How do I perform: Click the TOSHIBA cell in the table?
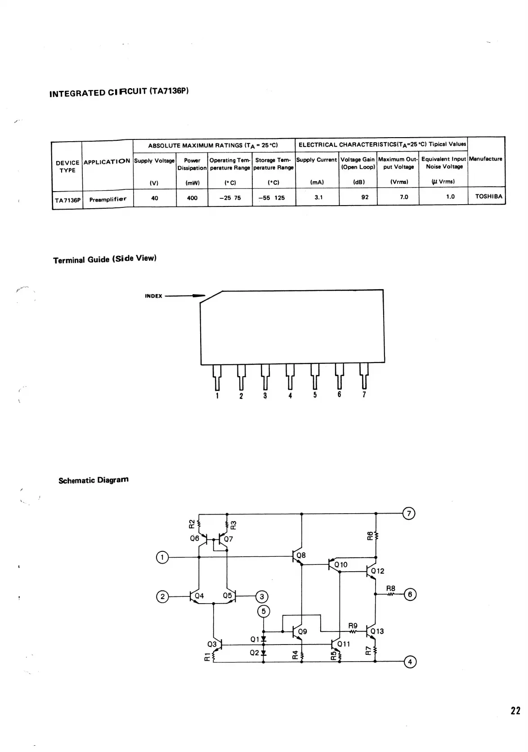[488, 197]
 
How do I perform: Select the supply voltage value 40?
[155, 198]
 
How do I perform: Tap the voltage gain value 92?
[365, 197]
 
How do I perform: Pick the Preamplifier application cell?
[108, 199]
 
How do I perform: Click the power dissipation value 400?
[192, 198]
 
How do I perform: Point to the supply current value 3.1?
[318, 197]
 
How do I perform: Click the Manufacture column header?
[485, 159]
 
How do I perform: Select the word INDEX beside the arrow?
[153, 296]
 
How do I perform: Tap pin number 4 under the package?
[290, 396]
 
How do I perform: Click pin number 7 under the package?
[364, 394]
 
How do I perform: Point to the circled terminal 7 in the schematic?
[409, 513]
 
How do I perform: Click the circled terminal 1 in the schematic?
[162, 557]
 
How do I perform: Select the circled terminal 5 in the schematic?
[264, 611]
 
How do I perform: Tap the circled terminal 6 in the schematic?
[410, 594]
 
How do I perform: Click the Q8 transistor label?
[301, 555]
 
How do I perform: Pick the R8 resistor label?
[390, 588]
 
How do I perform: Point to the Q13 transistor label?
[377, 631]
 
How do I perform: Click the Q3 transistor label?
[212, 644]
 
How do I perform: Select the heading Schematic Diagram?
[94, 480]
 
